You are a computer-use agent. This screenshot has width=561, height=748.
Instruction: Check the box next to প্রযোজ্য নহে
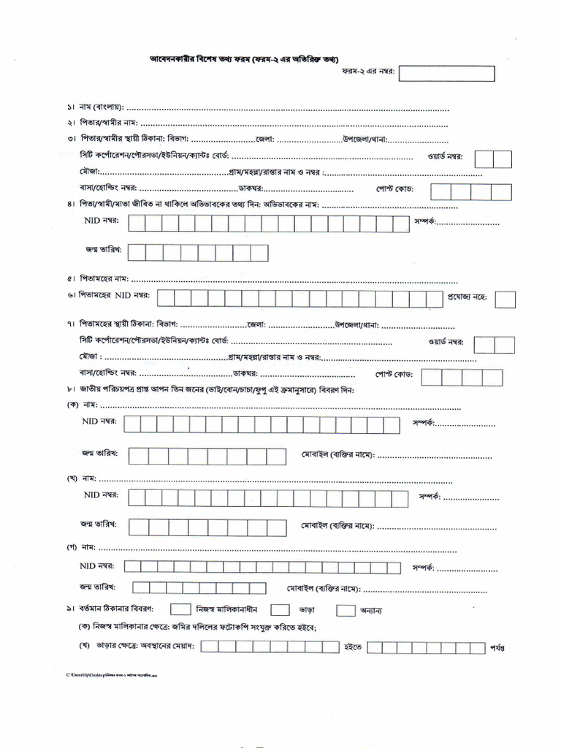[x=505, y=299]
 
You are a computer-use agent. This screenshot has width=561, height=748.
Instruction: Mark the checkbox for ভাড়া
[x=280, y=609]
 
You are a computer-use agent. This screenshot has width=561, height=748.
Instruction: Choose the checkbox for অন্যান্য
[x=346, y=609]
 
